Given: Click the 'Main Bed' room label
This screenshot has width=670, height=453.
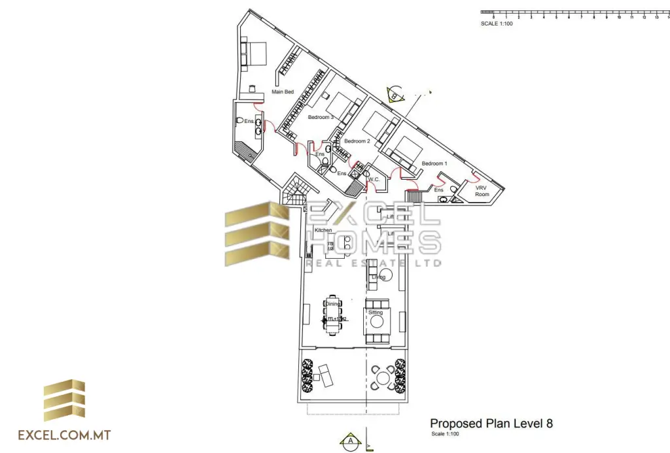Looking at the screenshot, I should click(x=283, y=92).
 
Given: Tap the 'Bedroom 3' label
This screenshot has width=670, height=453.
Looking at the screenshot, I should click(x=321, y=117).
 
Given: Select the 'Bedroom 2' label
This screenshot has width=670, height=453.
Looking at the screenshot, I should click(x=357, y=141).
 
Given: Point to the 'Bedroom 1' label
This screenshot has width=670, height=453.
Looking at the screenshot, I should click(x=434, y=163).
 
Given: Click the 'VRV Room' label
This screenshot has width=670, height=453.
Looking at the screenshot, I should click(x=482, y=191).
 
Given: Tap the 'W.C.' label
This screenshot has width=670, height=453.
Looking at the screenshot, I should click(x=374, y=179).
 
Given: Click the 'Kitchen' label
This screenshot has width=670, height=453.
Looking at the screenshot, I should click(x=323, y=231).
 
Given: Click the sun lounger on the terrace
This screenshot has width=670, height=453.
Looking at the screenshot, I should click(x=324, y=375).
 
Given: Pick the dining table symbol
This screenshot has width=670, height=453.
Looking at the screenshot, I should click(x=332, y=316).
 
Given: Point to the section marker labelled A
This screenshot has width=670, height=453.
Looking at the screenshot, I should click(x=351, y=441).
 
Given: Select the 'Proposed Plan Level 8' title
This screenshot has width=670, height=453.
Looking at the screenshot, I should click(x=491, y=423).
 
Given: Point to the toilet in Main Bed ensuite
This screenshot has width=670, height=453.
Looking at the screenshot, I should click(x=241, y=121).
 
